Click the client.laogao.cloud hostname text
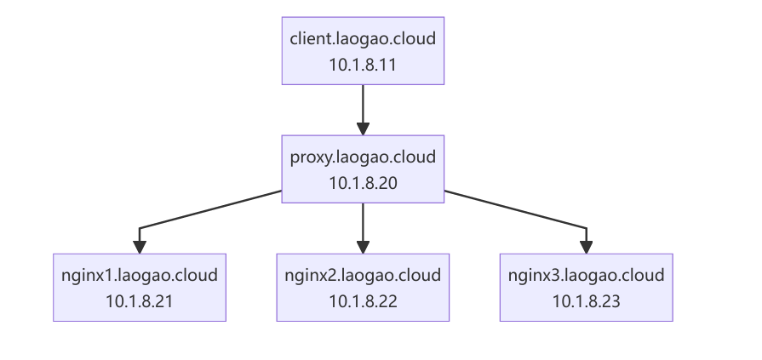[363, 38]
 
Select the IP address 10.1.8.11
[363, 65]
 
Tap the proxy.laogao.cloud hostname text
[363, 157]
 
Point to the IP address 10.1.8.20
[363, 183]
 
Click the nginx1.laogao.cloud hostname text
[140, 276]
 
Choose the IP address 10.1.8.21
[140, 301]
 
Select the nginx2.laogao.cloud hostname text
[363, 276]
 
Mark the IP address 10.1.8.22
[363, 301]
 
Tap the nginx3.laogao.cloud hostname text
[586, 276]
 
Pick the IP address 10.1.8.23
[586, 301]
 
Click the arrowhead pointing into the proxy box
[363, 129]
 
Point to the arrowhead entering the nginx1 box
[140, 248]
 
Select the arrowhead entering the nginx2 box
[363, 248]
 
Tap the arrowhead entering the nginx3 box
[586, 248]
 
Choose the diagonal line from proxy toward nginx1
[210, 209]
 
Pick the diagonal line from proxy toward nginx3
[515, 209]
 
